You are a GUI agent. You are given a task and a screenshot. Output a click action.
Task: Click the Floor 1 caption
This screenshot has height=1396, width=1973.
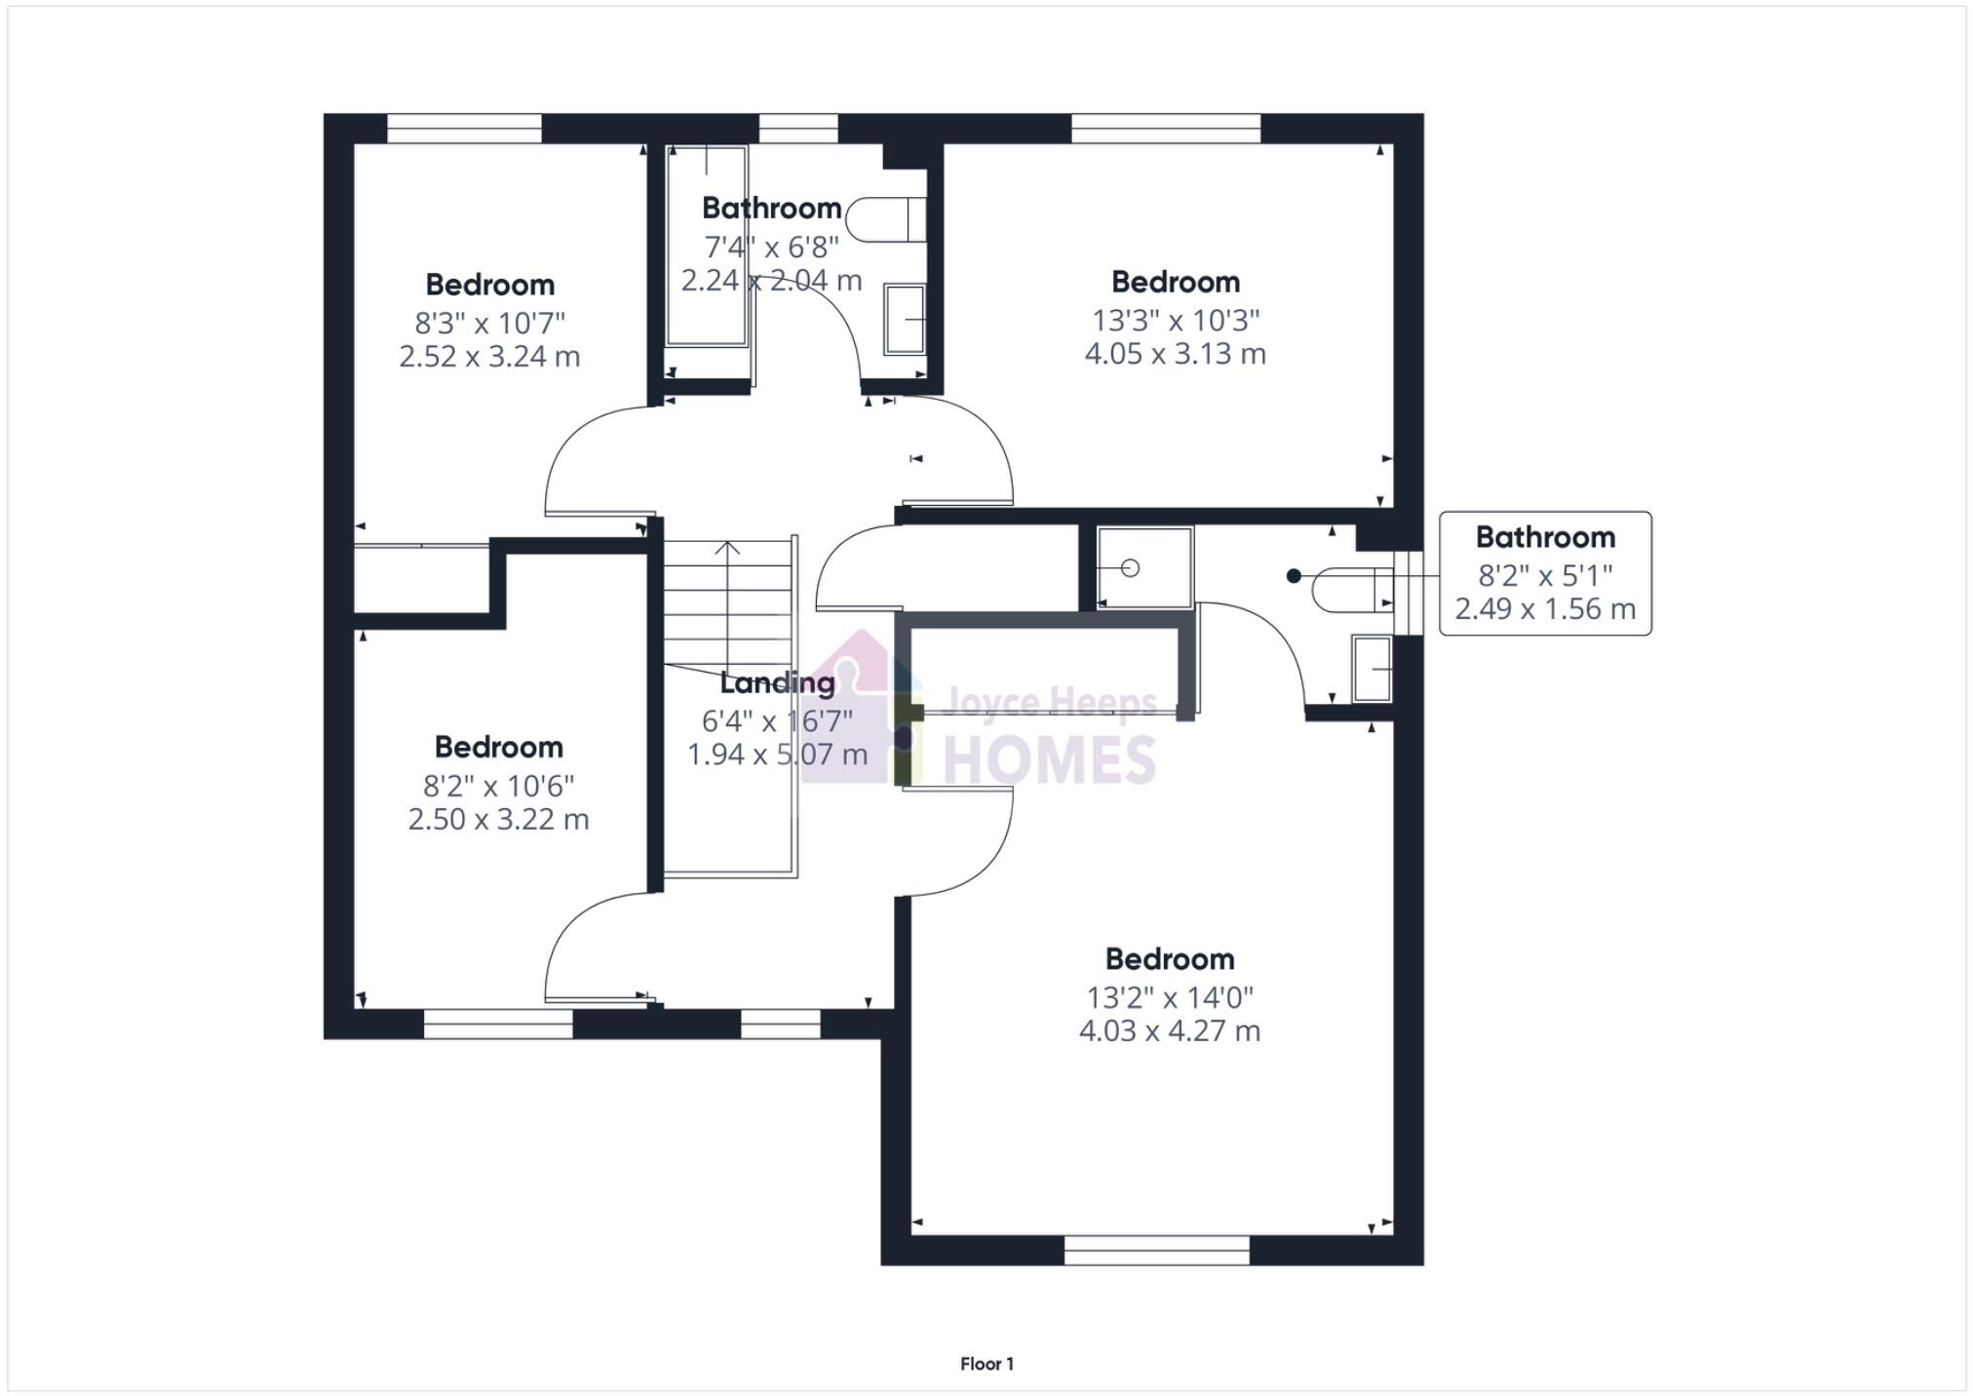coord(986,1364)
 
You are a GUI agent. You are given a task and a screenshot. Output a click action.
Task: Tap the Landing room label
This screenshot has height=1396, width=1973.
coord(777,683)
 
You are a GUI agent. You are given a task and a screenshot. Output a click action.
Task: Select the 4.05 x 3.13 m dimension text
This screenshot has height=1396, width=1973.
coord(1175,354)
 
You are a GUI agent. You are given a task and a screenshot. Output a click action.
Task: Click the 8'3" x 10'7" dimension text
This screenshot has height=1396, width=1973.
coord(489,323)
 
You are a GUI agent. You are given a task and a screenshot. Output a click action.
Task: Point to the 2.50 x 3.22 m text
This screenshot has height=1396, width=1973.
coord(498,819)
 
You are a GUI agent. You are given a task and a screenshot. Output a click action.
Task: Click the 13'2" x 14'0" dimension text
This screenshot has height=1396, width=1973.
coord(1169,997)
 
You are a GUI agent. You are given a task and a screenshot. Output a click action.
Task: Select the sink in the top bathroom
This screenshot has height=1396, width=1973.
coord(904,319)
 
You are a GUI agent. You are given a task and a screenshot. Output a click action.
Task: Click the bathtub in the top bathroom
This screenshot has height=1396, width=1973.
coord(707,247)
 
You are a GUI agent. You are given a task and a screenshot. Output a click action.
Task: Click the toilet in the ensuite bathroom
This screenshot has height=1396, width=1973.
coord(1350,589)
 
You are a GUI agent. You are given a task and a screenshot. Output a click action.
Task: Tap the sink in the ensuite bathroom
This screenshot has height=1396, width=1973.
coord(1372,669)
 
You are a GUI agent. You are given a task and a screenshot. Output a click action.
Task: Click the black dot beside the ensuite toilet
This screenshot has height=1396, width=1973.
coord(1294,576)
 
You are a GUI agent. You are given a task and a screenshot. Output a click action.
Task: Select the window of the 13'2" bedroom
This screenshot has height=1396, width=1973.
coord(1156,1250)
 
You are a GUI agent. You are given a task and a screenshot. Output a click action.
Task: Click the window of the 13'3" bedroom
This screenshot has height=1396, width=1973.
coord(1165,129)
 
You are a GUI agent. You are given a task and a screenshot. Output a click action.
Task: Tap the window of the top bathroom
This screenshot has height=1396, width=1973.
coord(797,129)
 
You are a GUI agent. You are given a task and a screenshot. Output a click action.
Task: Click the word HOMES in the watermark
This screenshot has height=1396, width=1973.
coord(1049,760)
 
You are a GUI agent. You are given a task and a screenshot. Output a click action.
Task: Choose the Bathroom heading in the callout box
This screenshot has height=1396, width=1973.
coord(1544,537)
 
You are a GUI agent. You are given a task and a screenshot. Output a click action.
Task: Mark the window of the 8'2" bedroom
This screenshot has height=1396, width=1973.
coord(498,1024)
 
